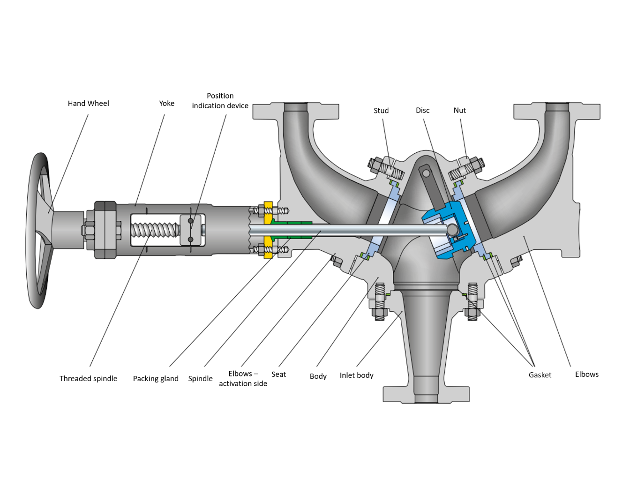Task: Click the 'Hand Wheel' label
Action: (x=88, y=103)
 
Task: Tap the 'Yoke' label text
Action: (x=166, y=103)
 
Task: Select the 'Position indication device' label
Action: (x=220, y=101)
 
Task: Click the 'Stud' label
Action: (x=381, y=111)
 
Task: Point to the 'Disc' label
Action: (x=422, y=110)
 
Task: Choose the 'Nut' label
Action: (x=459, y=110)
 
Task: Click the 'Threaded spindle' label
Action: (x=88, y=378)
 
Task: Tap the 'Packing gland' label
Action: (x=156, y=378)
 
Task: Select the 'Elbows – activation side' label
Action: (x=243, y=379)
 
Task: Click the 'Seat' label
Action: (x=278, y=374)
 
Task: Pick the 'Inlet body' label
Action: (x=356, y=375)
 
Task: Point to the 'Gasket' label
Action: (x=540, y=375)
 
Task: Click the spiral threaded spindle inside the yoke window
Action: (x=155, y=230)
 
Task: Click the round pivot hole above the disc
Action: (x=426, y=173)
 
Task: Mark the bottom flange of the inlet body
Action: (x=426, y=394)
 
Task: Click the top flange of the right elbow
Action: (x=556, y=111)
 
